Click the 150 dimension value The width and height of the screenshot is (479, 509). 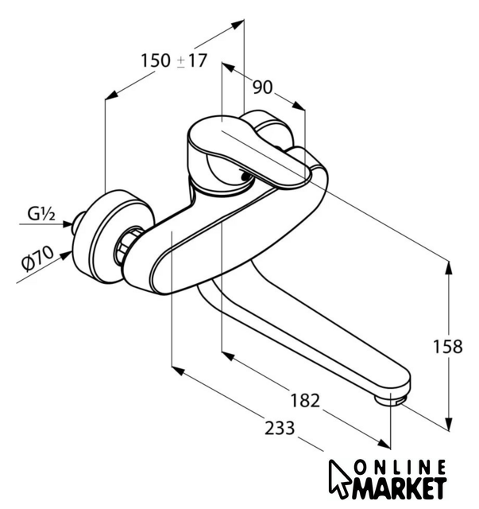pyautogui.click(x=156, y=60)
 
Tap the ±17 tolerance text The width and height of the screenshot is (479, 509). pyautogui.click(x=191, y=60)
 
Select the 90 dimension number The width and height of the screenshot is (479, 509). pyautogui.click(x=263, y=87)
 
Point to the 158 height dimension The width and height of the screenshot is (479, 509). pyautogui.click(x=448, y=347)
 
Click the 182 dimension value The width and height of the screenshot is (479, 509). pyautogui.click(x=305, y=400)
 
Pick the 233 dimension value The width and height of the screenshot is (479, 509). pyautogui.click(x=280, y=428)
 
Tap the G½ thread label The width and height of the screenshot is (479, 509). pyautogui.click(x=41, y=214)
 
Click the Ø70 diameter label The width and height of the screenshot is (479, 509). pyautogui.click(x=37, y=258)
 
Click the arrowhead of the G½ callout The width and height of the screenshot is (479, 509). pyautogui.click(x=68, y=223)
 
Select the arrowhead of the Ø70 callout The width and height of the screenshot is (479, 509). pyautogui.click(x=68, y=255)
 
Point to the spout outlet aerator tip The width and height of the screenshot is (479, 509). pyautogui.click(x=389, y=400)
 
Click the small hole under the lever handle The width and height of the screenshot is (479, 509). pyautogui.click(x=246, y=177)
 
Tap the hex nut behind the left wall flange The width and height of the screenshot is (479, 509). pyautogui.click(x=127, y=246)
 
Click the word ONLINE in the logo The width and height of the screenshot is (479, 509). pyautogui.click(x=400, y=468)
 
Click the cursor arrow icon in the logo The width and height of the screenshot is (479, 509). pyautogui.click(x=339, y=479)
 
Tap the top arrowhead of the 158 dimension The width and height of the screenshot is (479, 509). pyautogui.click(x=449, y=267)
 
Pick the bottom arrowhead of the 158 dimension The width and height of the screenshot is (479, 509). pyautogui.click(x=449, y=424)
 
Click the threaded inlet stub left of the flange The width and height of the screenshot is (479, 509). pyautogui.click(x=78, y=222)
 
